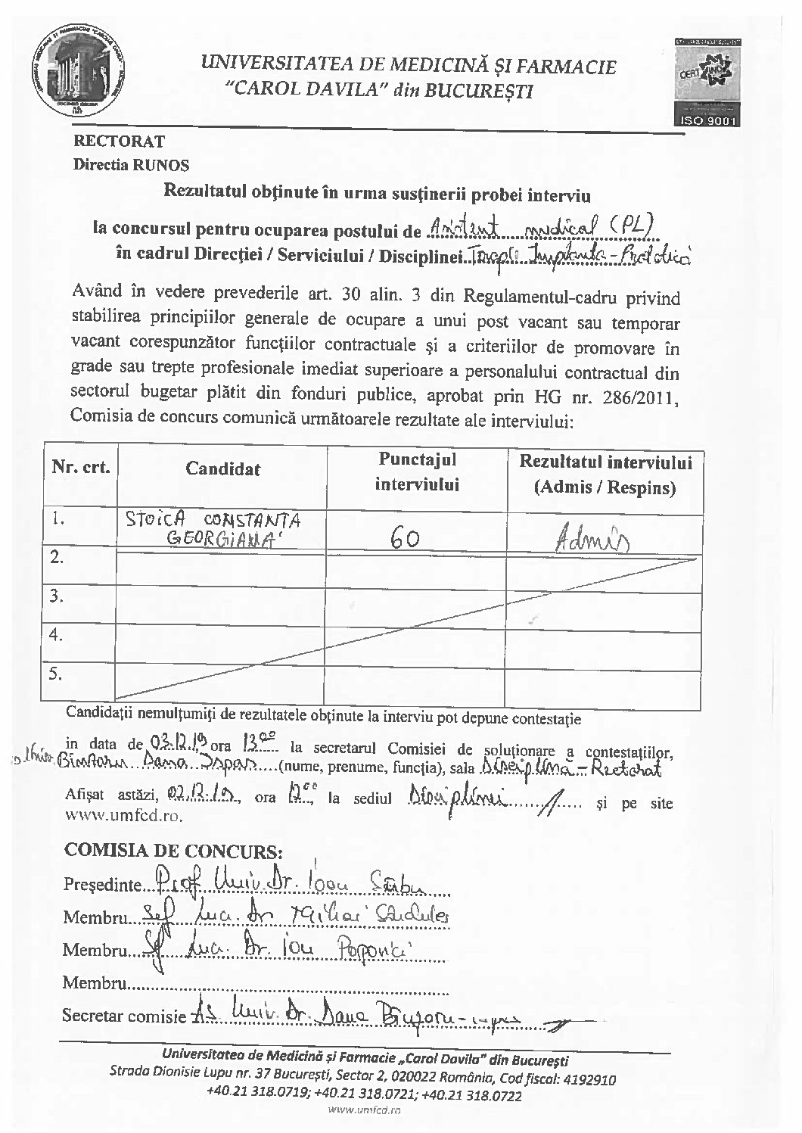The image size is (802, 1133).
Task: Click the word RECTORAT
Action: pos(119,140)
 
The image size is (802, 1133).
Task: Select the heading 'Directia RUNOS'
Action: pos(131,164)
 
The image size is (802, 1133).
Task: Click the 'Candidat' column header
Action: pos(222,468)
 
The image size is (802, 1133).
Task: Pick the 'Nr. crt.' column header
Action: pos(81,466)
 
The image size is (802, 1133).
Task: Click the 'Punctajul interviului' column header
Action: pos(417,471)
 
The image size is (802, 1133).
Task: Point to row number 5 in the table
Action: pos(55,673)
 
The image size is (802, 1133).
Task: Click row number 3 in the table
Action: pos(55,596)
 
